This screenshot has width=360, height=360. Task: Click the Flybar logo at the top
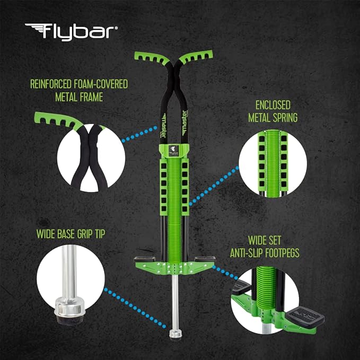(x=72, y=32)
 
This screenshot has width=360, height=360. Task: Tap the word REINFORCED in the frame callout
(x=50, y=84)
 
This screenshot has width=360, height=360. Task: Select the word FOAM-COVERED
(x=100, y=84)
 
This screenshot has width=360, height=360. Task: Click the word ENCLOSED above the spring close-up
(x=273, y=105)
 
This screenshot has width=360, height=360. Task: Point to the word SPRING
(x=285, y=118)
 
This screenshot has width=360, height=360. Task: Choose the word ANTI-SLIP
(x=247, y=253)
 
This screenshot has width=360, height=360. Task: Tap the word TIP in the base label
(x=100, y=234)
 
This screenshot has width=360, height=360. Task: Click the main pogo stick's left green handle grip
(x=152, y=58)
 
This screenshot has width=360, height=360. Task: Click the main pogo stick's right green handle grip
(x=196, y=57)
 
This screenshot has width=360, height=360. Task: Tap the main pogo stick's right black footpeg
(x=205, y=259)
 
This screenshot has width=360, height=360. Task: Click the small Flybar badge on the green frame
(x=174, y=151)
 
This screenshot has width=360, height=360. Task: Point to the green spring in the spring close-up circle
(x=273, y=163)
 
